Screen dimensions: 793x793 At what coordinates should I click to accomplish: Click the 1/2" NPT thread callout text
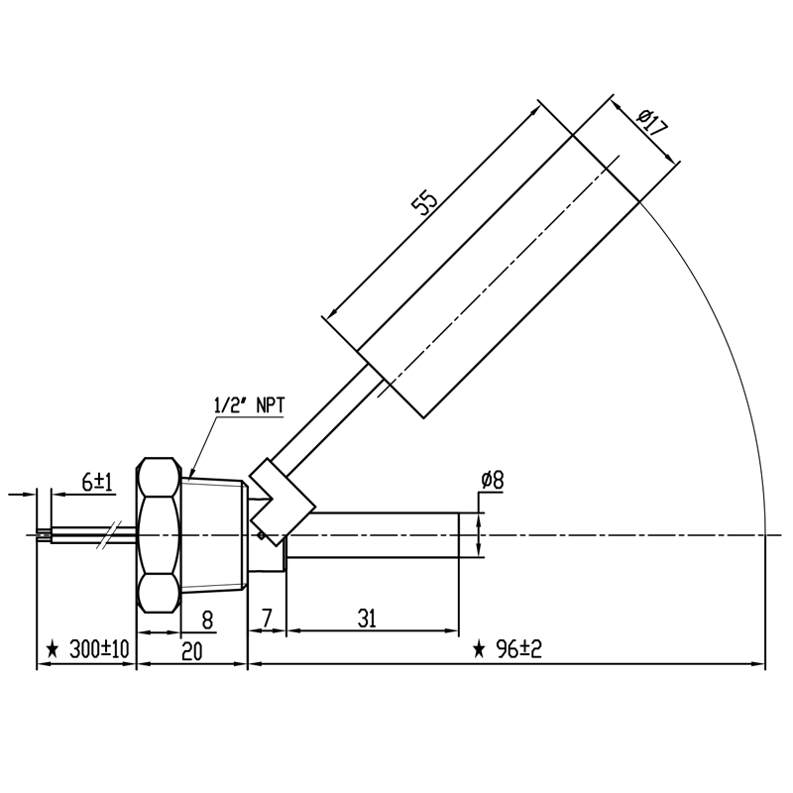[250, 406]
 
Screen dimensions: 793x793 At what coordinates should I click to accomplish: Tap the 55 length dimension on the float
[424, 202]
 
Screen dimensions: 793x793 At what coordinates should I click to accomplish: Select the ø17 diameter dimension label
[652, 122]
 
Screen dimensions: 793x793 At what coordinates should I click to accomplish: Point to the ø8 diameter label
[493, 481]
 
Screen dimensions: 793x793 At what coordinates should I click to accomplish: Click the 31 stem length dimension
[367, 619]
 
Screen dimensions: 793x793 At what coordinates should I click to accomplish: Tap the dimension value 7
[267, 618]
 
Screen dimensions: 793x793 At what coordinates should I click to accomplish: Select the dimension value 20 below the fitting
[191, 651]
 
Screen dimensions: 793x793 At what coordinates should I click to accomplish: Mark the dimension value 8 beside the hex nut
[207, 621]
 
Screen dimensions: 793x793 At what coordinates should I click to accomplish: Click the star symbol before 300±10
[53, 649]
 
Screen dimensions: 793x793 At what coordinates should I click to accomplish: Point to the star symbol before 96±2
[479, 649]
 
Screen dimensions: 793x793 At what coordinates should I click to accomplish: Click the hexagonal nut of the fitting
[159, 535]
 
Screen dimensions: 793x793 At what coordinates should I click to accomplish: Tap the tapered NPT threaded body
[213, 535]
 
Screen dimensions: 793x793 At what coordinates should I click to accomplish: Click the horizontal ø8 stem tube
[373, 535]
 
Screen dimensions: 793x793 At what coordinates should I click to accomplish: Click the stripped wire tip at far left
[44, 535]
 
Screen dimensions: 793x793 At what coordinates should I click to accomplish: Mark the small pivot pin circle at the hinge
[261, 535]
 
